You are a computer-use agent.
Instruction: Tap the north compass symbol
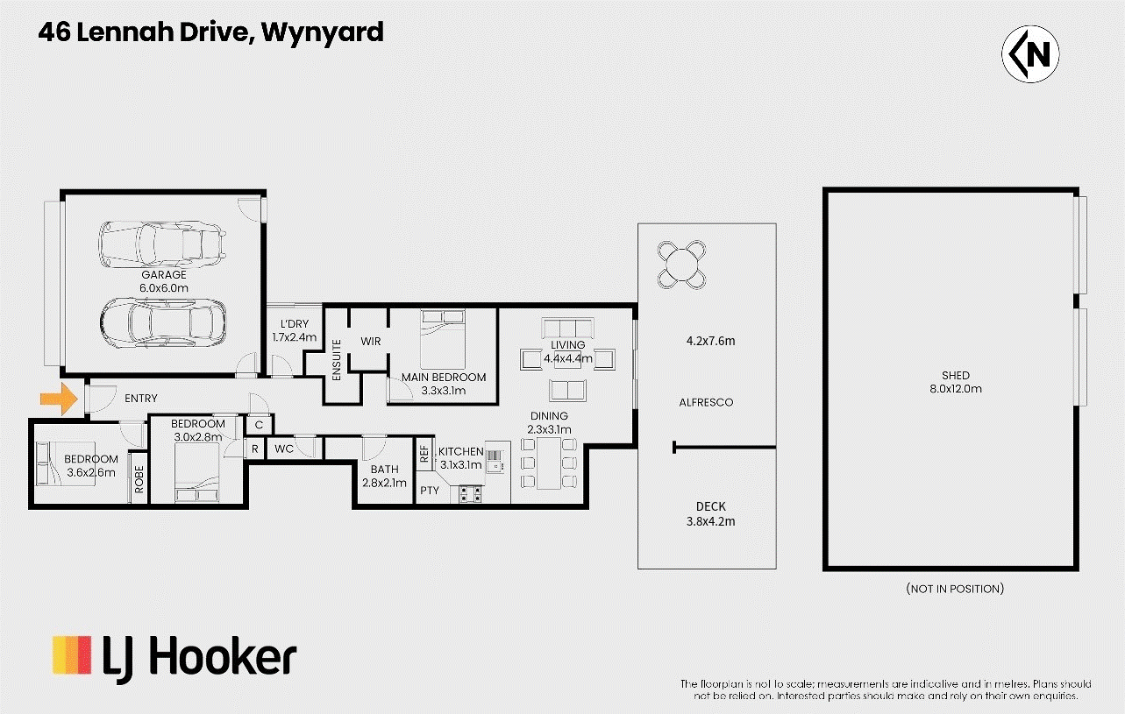(x=1030, y=54)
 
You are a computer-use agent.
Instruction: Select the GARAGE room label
(x=164, y=275)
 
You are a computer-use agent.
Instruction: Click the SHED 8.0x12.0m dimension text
(x=956, y=389)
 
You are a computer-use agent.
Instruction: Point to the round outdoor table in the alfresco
(x=680, y=263)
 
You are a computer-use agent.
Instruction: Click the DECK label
(x=710, y=506)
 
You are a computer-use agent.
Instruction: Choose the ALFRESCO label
(x=706, y=402)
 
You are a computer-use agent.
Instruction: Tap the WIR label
(x=371, y=341)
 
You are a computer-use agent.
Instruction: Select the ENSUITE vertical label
(x=337, y=359)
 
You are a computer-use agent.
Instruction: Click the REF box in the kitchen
(x=425, y=455)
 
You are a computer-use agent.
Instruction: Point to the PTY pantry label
(x=429, y=491)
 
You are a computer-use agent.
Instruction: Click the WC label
(x=284, y=449)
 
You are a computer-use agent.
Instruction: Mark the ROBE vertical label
(x=139, y=477)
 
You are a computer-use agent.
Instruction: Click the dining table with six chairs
(x=549, y=463)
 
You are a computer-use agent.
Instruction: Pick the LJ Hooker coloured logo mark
(x=71, y=655)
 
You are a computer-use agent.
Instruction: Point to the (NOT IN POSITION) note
(x=955, y=589)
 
